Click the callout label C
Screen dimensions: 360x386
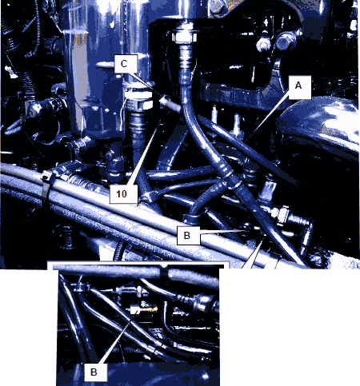(x=126, y=64)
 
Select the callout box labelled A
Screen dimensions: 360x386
(x=299, y=87)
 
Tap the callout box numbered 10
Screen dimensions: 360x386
(x=124, y=194)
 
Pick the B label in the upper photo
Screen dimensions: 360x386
(x=188, y=236)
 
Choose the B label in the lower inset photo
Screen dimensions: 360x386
(x=96, y=372)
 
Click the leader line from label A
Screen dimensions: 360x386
(x=267, y=117)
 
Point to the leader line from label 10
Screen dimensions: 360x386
(x=144, y=153)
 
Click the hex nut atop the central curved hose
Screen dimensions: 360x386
(x=185, y=35)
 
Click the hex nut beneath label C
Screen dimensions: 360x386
(x=139, y=104)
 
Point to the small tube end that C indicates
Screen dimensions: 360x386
(x=165, y=101)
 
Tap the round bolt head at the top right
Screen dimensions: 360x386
(x=285, y=41)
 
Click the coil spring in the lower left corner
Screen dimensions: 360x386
(x=65, y=237)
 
